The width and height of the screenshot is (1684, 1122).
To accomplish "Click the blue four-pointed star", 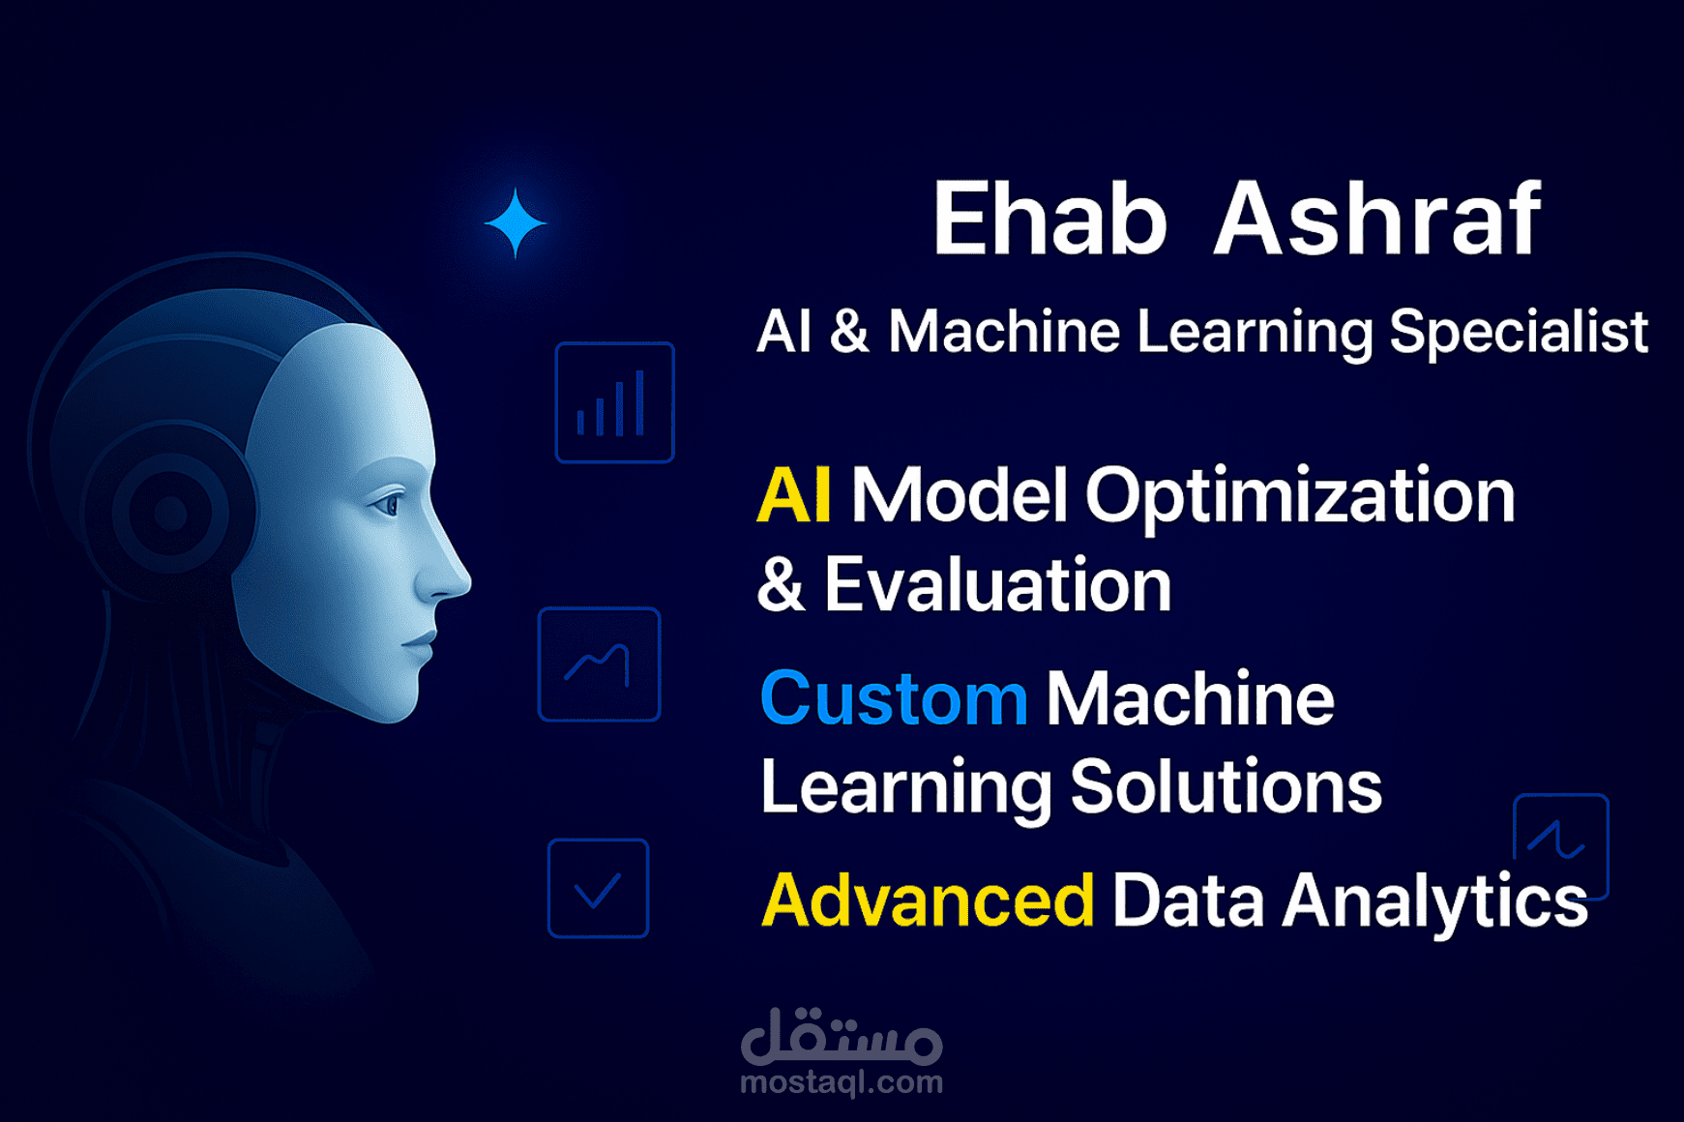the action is [x=516, y=223].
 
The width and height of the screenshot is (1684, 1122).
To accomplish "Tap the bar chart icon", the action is [x=614, y=402].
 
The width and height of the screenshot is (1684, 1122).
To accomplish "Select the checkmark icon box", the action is [x=598, y=888].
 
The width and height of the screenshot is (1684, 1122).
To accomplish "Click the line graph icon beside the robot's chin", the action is [x=599, y=664].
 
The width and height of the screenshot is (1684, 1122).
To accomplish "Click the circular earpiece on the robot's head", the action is [x=170, y=513].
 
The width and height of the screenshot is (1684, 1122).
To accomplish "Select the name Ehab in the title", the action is [x=1049, y=220].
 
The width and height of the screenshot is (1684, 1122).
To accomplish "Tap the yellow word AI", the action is [x=793, y=495].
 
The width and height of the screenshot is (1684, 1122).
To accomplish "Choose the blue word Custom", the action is [x=894, y=698].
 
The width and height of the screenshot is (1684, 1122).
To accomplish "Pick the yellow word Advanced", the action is [x=928, y=901].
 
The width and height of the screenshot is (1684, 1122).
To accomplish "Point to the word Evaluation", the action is [x=997, y=585].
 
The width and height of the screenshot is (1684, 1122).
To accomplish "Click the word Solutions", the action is [x=1226, y=786].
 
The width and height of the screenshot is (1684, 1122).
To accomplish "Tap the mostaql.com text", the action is [x=842, y=1082].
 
